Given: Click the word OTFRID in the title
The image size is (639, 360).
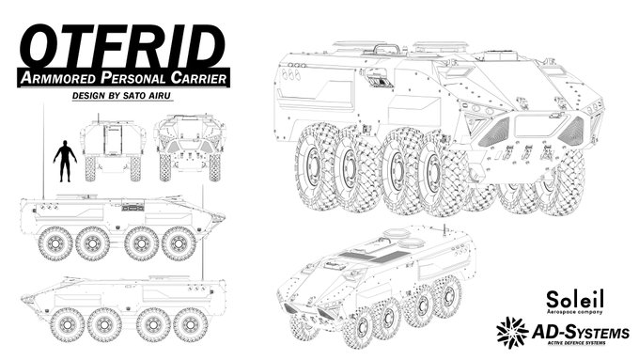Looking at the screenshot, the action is click(x=122, y=47).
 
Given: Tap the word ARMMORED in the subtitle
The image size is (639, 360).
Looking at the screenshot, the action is click(x=58, y=77).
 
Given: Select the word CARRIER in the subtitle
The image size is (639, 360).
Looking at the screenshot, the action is click(x=199, y=77).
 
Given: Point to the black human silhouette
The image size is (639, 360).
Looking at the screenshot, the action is click(x=65, y=161).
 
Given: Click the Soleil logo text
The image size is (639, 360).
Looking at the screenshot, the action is click(x=574, y=300).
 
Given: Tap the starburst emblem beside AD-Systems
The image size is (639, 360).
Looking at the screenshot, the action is click(x=512, y=333).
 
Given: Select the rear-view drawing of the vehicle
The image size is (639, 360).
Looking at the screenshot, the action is click(x=114, y=147).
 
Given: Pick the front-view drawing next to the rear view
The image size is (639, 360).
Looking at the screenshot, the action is click(x=190, y=148).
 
